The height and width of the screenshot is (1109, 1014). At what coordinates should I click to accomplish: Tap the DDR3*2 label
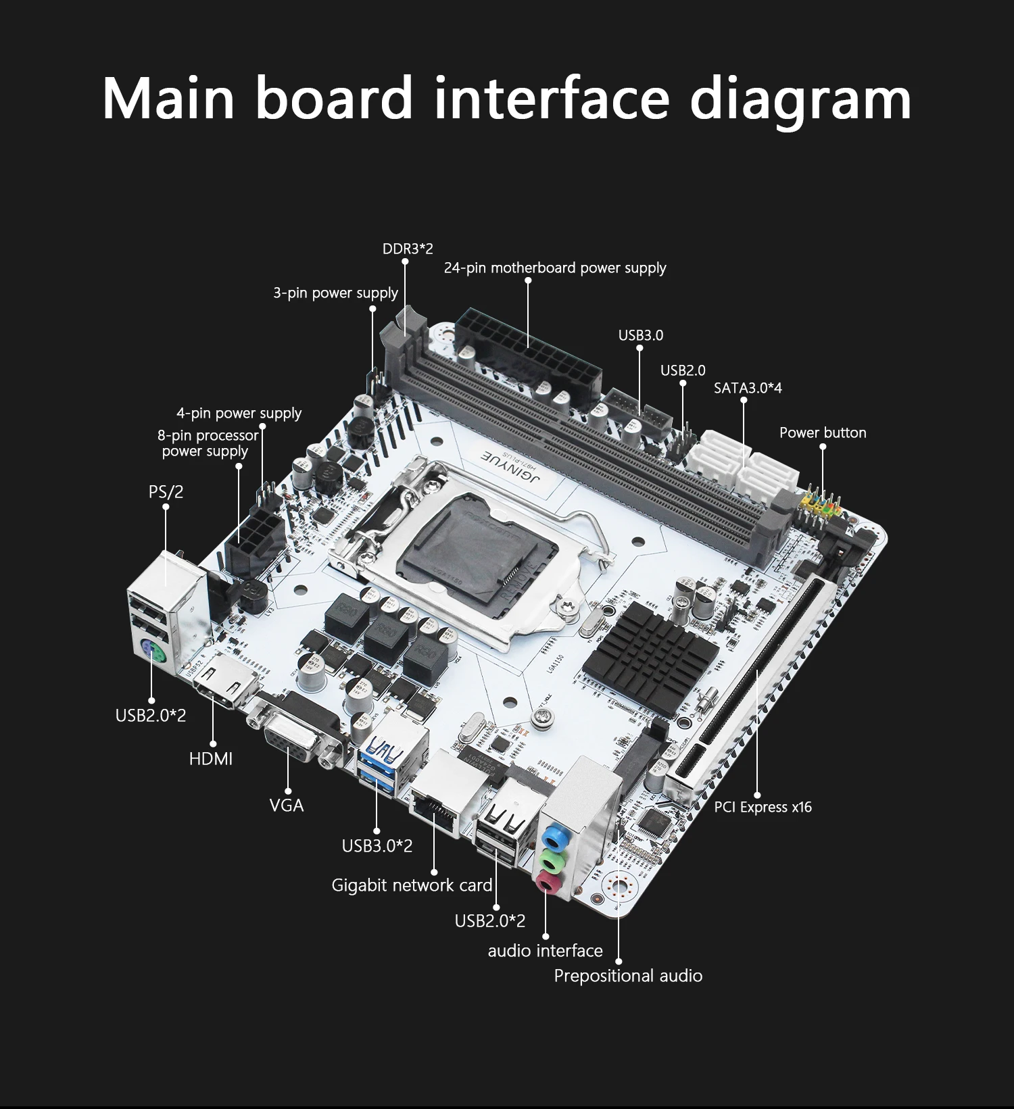pyautogui.click(x=408, y=249)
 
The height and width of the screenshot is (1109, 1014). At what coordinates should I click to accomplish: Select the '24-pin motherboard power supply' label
pyautogui.click(x=554, y=268)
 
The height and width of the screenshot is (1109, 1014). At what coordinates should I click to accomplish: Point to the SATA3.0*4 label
pyautogui.click(x=748, y=388)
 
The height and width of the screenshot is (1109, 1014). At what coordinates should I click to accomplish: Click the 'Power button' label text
pyautogui.click(x=822, y=433)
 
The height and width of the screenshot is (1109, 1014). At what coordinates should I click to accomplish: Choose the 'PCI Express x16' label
pyautogui.click(x=763, y=807)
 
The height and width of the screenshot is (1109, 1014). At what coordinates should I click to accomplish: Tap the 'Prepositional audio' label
pyautogui.click(x=627, y=976)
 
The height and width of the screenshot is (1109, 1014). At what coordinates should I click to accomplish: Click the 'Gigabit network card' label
pyautogui.click(x=412, y=885)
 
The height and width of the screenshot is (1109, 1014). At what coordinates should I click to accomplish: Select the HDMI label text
pyautogui.click(x=211, y=759)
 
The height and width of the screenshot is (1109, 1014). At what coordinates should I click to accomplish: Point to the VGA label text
pyautogui.click(x=287, y=806)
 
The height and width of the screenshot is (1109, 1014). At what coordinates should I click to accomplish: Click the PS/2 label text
pyautogui.click(x=166, y=492)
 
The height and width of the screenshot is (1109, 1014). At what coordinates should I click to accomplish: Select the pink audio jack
pyautogui.click(x=546, y=883)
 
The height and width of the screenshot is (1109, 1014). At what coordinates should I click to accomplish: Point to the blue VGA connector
pyautogui.click(x=291, y=737)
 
